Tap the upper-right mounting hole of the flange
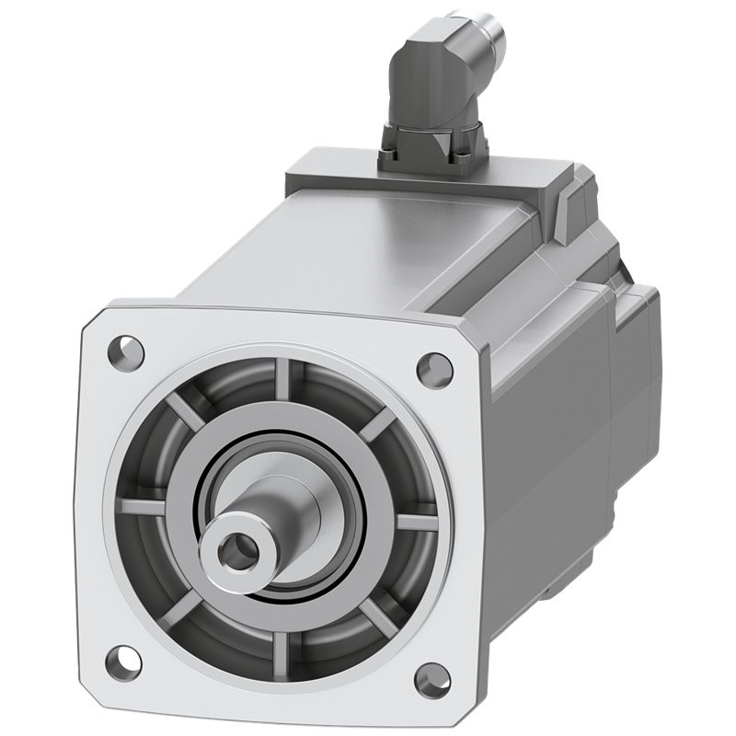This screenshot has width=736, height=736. tap(434, 369)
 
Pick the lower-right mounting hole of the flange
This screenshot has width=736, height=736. tap(431, 682)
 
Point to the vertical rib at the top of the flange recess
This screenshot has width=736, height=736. tap(282, 379)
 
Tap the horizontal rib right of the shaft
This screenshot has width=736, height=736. tap(415, 523)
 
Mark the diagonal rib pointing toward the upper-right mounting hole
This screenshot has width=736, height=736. tap(376, 424)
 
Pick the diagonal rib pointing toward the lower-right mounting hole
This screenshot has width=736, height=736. tap(376, 614)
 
